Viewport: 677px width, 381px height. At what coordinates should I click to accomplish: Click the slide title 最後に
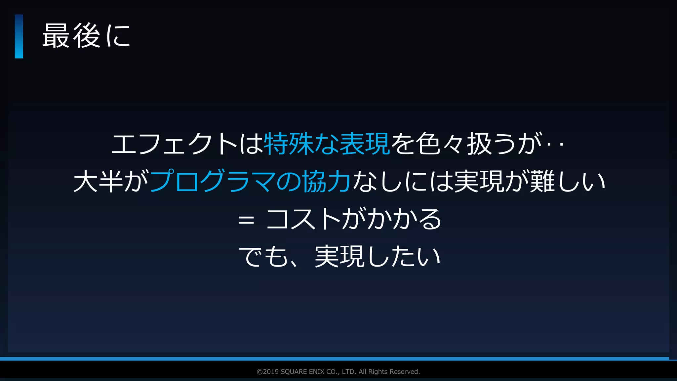pos(86,36)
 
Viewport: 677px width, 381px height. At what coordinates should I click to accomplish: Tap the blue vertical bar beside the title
pos(19,36)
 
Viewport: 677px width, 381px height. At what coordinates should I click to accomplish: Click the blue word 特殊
pos(288,144)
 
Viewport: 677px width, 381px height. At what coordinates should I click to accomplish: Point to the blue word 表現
pos(365,144)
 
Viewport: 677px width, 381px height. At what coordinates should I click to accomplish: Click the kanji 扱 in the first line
pos(479,144)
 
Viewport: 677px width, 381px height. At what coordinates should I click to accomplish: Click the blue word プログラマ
pos(213,181)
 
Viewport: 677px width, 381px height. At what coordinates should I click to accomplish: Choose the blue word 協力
pos(326,181)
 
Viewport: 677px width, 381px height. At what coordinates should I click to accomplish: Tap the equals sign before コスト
pos(246,220)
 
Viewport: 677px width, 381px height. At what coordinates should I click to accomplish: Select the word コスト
pos(303,219)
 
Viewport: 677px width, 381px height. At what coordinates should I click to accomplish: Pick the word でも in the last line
pos(263,257)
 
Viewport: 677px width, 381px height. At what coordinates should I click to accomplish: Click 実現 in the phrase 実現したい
pos(339,257)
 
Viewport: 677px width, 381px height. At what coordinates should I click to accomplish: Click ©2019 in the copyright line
pos(267,372)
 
